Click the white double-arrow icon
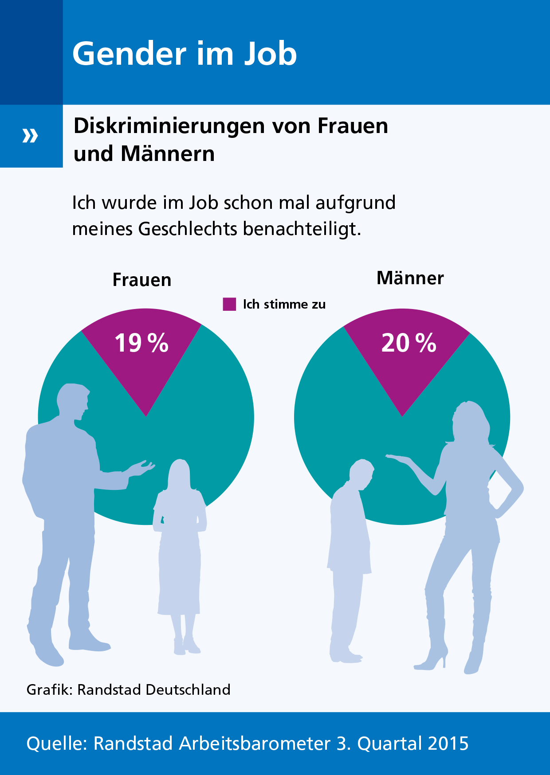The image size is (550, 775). pos(30,136)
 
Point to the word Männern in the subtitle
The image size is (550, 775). pos(168,154)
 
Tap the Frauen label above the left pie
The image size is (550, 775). pos(142,280)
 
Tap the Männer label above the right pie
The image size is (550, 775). pos(410,278)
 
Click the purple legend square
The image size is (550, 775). pos(229,304)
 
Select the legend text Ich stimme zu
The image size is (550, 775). pos(284,305)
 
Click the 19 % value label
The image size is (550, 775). pos(141,343)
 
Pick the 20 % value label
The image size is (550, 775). pos(409,343)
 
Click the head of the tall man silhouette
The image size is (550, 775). pos(73,401)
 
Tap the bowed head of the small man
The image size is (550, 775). pos(362,473)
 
